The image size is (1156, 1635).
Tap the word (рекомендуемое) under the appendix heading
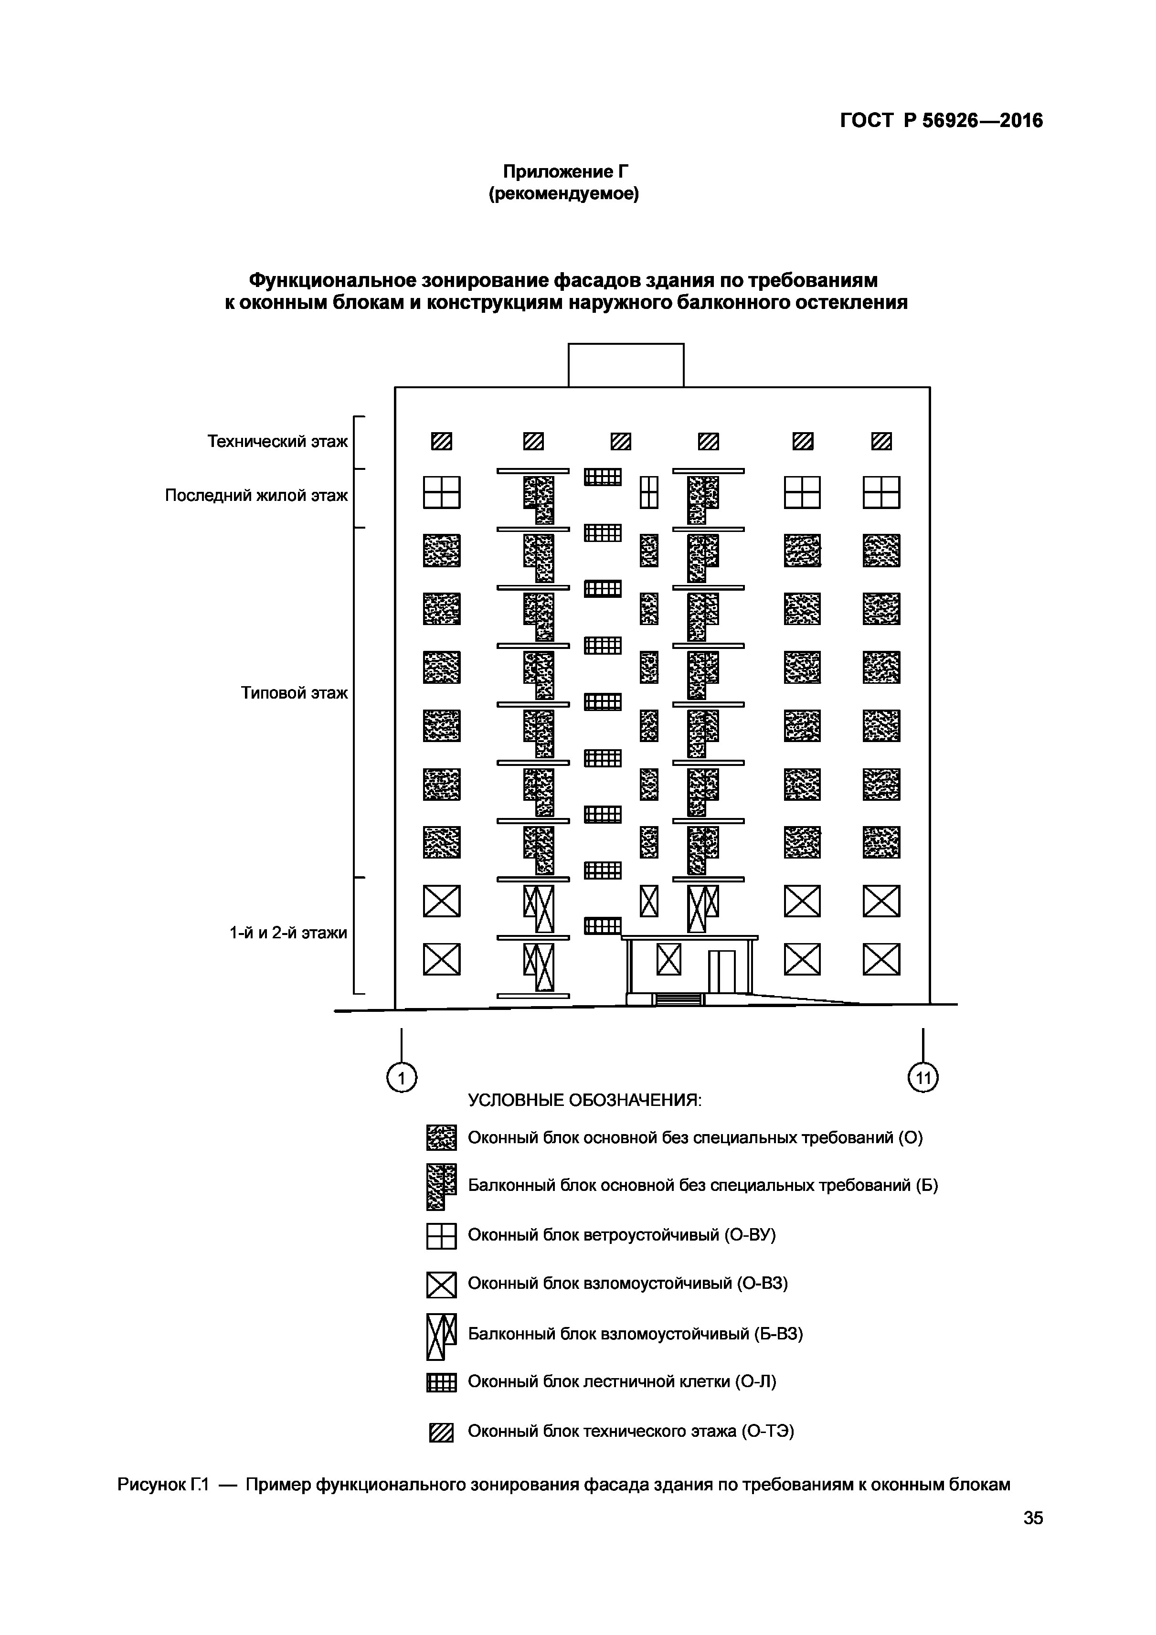563,194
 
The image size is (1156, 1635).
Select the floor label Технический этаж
277,442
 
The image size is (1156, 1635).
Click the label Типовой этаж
294,693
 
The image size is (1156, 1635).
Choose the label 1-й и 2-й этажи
288,933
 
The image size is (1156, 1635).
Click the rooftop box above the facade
626,365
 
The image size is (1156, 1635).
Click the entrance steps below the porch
678,1000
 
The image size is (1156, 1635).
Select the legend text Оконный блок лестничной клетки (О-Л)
621,1382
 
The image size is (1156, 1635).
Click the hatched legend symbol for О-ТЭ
441,1433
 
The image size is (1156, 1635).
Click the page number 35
1033,1538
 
